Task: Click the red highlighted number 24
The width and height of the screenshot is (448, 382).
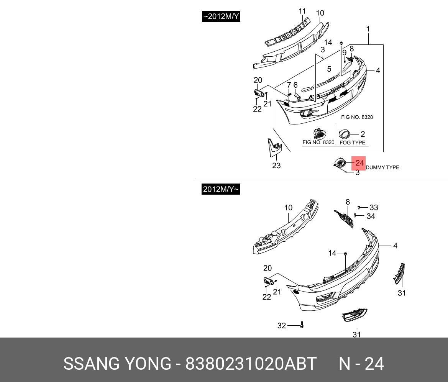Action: (x=359, y=163)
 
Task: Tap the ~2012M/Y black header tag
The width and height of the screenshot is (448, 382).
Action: (x=221, y=16)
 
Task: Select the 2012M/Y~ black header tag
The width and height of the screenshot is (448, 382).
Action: (x=221, y=189)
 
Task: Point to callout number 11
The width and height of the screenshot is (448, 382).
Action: (x=302, y=11)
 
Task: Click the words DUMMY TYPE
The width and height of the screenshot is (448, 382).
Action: (x=382, y=167)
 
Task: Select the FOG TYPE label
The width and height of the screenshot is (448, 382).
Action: (x=353, y=143)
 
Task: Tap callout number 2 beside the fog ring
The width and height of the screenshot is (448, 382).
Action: (x=363, y=134)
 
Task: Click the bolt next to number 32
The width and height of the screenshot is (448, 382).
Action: (x=302, y=325)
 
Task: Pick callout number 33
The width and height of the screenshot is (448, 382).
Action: (x=374, y=207)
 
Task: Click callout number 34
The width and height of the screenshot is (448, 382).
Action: (x=371, y=216)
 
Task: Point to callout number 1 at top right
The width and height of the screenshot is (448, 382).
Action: (x=368, y=29)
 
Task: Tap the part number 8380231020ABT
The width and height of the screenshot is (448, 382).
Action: (x=251, y=364)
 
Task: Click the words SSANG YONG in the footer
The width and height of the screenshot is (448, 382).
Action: (x=117, y=364)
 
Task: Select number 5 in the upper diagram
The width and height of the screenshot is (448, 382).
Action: (x=329, y=69)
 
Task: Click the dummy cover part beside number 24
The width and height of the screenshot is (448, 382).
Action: (x=340, y=163)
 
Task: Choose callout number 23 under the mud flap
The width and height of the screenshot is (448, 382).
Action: (x=276, y=166)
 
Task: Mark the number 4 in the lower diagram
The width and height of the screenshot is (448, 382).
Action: (x=395, y=246)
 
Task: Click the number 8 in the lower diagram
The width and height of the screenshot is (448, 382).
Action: (x=348, y=202)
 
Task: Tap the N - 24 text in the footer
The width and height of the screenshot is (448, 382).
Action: (x=361, y=364)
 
